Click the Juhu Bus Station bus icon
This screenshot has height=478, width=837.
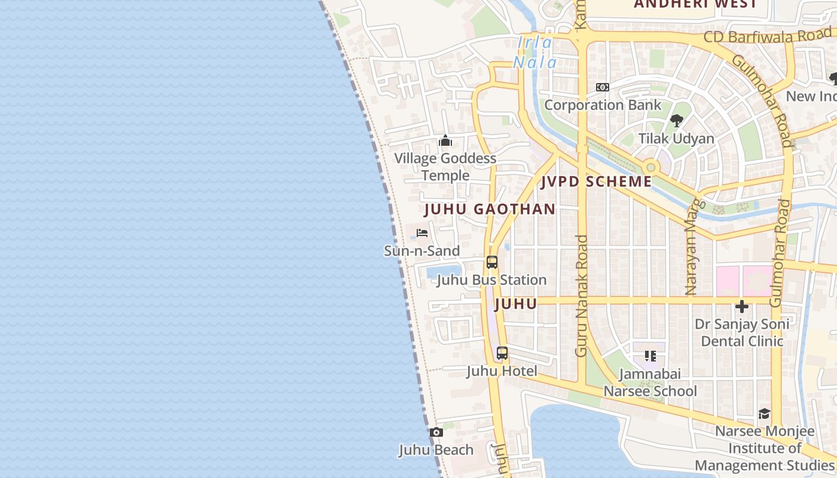(492, 262)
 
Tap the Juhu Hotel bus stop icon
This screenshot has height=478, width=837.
(502, 353)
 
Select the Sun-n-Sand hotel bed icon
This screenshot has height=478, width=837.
(422, 233)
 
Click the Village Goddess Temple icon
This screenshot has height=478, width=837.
(445, 141)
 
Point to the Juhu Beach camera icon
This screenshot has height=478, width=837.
(436, 432)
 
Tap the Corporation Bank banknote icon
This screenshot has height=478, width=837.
(603, 87)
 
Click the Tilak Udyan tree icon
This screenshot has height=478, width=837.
(676, 121)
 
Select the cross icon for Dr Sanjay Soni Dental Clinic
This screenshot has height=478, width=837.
(742, 307)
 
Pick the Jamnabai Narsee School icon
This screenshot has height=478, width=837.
(650, 357)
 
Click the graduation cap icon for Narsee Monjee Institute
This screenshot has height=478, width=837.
(764, 413)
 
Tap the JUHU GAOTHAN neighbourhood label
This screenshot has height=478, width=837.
(490, 209)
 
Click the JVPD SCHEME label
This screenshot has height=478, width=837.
(596, 182)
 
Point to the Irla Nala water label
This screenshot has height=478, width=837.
(535, 53)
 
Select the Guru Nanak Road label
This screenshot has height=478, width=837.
(582, 296)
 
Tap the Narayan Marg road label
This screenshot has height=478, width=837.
(691, 245)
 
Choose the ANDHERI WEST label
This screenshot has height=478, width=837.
(695, 4)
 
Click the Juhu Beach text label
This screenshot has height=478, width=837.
(436, 450)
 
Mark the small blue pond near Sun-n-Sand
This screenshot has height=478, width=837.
(442, 272)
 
